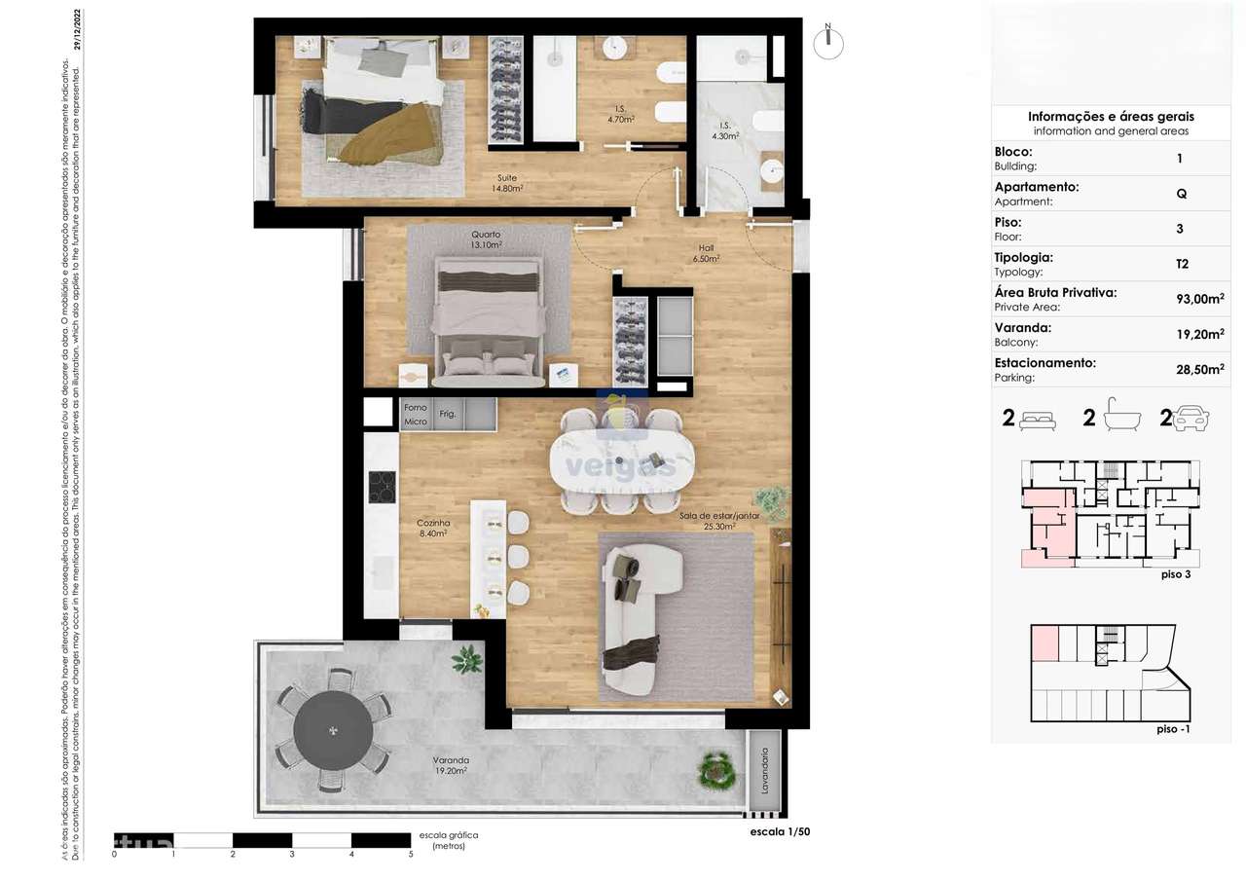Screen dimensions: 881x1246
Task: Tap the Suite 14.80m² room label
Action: (506, 183)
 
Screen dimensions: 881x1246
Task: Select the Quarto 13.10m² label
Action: (486, 239)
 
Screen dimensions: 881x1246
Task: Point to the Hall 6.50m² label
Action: (706, 253)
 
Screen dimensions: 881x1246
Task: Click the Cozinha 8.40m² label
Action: (432, 528)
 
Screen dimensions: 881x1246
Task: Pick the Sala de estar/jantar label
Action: (718, 521)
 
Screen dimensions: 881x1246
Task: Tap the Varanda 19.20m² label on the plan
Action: (451, 764)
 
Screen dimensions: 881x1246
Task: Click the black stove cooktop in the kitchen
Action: (382, 486)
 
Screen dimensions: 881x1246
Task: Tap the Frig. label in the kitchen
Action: (448, 414)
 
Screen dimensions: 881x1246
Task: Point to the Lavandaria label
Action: (765, 772)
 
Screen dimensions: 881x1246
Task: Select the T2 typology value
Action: (1181, 264)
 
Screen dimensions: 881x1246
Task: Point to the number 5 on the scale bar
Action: (411, 854)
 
